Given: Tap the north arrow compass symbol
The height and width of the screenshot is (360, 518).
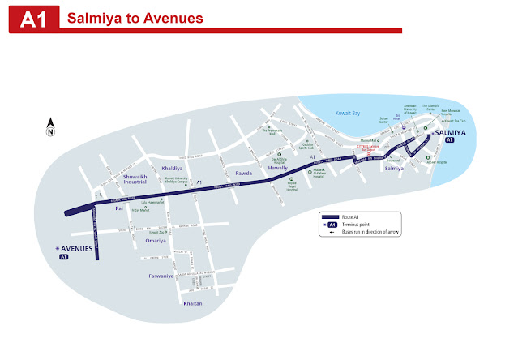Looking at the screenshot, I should [49, 126].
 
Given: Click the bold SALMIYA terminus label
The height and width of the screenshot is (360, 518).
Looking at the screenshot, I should [451, 131].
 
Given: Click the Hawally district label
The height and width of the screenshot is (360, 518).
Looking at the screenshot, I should [277, 168].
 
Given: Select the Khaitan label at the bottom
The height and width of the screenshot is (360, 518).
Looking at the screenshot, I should [193, 302].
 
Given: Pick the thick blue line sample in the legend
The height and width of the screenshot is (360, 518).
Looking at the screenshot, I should [330, 217].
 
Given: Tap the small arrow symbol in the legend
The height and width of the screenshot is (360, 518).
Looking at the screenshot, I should [332, 232].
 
